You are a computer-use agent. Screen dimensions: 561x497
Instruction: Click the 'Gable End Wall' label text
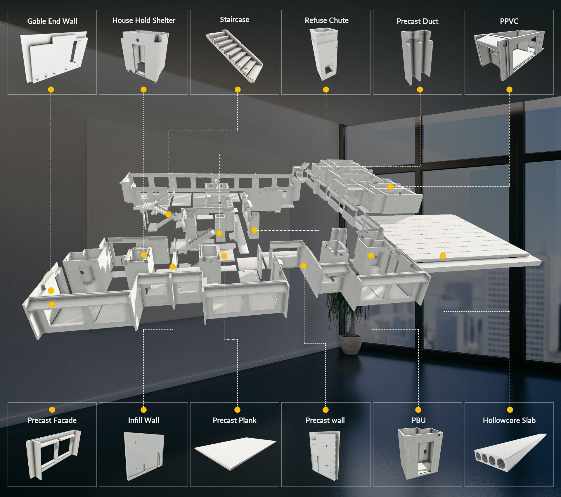(x=52, y=21)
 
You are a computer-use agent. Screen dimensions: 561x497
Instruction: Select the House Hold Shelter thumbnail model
(x=144, y=56)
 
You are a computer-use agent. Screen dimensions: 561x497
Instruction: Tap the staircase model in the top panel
(x=234, y=56)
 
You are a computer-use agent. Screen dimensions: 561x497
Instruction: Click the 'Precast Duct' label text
(x=418, y=21)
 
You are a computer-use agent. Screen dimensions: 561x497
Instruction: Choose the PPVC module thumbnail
(x=509, y=56)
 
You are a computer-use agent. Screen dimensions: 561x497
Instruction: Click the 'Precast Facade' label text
(x=52, y=420)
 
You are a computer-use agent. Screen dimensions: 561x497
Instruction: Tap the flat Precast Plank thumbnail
(x=235, y=453)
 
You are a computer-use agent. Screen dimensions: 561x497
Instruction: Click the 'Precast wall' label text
(x=325, y=420)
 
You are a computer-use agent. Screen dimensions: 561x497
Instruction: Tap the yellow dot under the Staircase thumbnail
(x=238, y=89)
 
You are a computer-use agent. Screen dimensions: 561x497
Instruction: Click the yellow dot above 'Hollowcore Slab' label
(x=510, y=410)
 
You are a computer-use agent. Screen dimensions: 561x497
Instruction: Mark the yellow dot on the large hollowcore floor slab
(x=443, y=256)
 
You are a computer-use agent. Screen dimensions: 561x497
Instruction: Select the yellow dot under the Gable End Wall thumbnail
(x=51, y=89)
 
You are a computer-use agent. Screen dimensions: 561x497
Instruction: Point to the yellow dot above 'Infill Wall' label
(x=143, y=410)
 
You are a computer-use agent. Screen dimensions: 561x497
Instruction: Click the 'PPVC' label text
(x=509, y=21)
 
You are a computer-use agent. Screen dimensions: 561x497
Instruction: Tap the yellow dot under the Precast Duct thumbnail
(x=420, y=89)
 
